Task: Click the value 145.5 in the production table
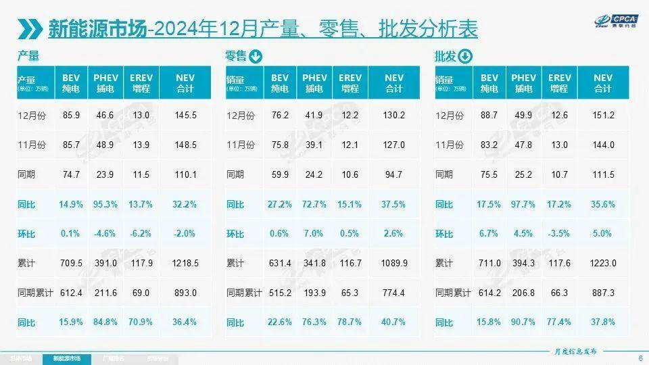point(185,116)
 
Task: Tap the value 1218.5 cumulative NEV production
point(185,263)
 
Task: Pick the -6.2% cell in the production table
point(141,234)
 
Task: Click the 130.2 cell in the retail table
point(393,116)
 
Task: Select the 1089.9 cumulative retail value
point(393,263)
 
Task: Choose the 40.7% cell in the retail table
point(393,322)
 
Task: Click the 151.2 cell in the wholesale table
point(603,116)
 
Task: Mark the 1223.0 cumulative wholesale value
point(603,263)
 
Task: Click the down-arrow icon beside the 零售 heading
point(256,57)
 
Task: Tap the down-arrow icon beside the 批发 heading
point(465,57)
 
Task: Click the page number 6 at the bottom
point(640,358)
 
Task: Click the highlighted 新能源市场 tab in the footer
point(66,358)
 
